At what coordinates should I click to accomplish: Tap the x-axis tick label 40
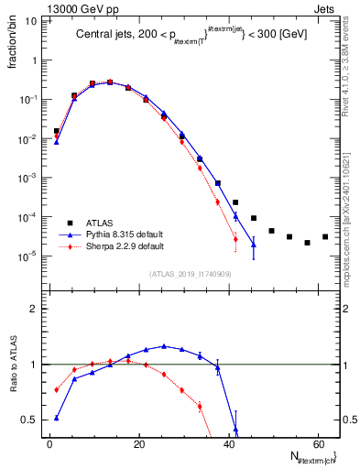coord(227,444)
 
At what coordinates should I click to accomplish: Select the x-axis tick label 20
coord(138,444)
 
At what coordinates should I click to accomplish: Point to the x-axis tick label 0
coord(49,444)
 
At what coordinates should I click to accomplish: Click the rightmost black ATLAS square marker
coord(325,236)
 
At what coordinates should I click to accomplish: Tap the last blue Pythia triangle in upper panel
coord(254,245)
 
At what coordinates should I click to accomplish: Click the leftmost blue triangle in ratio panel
coord(57,418)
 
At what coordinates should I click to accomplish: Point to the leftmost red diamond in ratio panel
coord(57,389)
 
